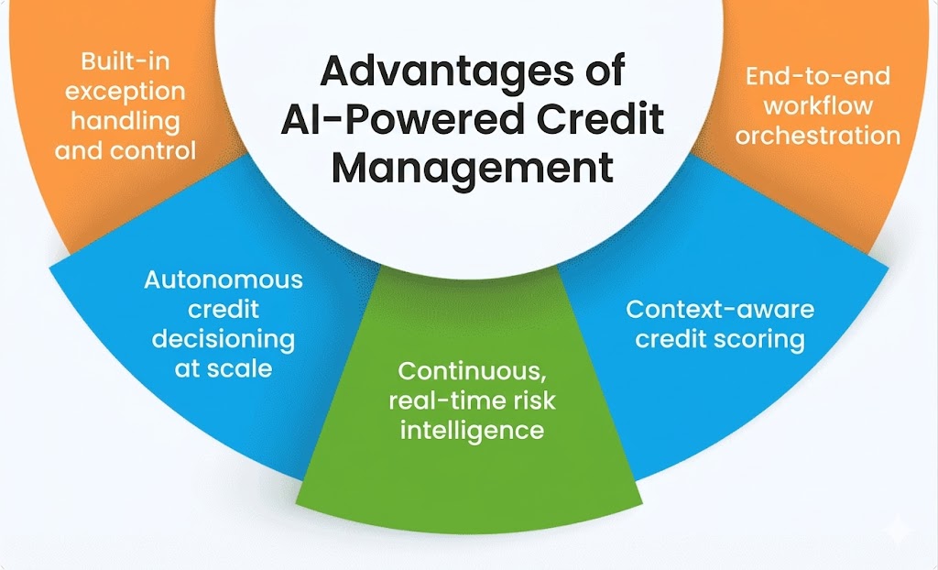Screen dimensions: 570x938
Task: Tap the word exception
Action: pyautogui.click(x=125, y=92)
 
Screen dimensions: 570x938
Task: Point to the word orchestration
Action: pyautogui.click(x=817, y=136)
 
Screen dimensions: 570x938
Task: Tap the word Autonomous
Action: pyautogui.click(x=223, y=280)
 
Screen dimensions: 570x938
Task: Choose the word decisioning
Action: pyautogui.click(x=223, y=339)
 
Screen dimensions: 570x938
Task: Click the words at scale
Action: pyautogui.click(x=223, y=368)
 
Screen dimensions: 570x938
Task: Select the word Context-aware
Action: pyautogui.click(x=720, y=309)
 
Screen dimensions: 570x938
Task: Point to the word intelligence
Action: pyautogui.click(x=472, y=430)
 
